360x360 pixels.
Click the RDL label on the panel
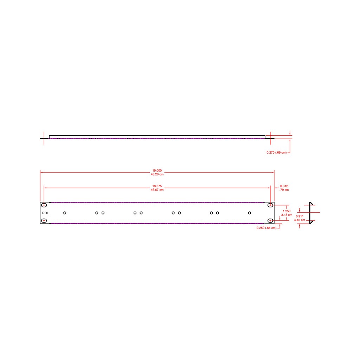tap(45, 213)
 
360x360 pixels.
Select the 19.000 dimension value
tap(157, 171)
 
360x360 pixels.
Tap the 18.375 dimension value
tap(157, 186)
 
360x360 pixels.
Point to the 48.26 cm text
tap(157, 174)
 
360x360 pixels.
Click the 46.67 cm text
tap(157, 190)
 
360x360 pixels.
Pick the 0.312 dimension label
tap(284, 186)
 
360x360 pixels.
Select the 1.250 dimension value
tap(287, 211)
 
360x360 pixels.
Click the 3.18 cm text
tap(287, 215)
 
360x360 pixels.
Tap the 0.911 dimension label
tap(300, 216)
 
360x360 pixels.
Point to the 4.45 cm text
tap(300, 220)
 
